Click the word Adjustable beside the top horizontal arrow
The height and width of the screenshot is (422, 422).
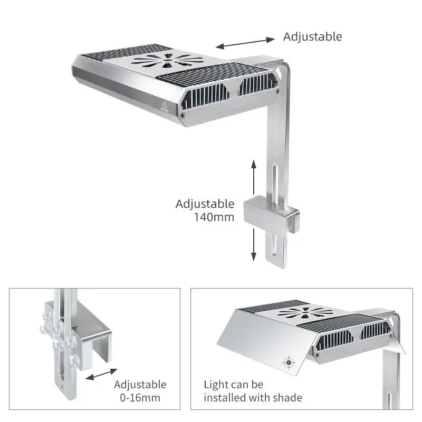pyautogui.click(x=312, y=36)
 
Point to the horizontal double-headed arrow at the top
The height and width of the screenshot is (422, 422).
pyautogui.click(x=245, y=43)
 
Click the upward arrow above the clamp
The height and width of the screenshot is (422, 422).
pyautogui.click(x=254, y=177)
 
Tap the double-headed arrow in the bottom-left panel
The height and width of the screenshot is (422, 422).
pyautogui.click(x=102, y=376)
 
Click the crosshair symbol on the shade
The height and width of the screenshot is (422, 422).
pyautogui.click(x=288, y=362)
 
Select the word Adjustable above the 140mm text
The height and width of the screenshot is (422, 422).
pyautogui.click(x=205, y=204)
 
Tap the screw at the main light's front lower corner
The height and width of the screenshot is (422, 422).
pyautogui.click(x=183, y=115)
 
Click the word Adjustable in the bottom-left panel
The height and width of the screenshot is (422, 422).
pyautogui.click(x=140, y=385)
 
